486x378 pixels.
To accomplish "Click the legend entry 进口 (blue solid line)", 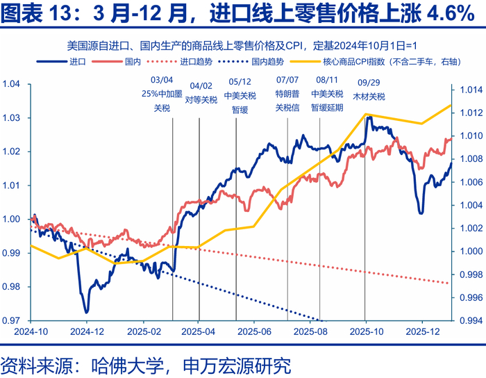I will click(77, 62).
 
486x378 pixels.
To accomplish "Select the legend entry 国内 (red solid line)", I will click(134, 62).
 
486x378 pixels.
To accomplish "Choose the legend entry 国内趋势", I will click(266, 62).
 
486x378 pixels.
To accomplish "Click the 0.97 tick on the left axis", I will click(12, 320).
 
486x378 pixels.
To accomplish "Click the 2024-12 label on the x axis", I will click(86, 331).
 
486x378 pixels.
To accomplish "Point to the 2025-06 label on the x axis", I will click(253, 331).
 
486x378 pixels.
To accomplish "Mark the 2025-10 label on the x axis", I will click(365, 331).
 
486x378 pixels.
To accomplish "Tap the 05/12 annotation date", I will click(240, 81).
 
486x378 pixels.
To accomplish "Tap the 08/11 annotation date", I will click(327, 81).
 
